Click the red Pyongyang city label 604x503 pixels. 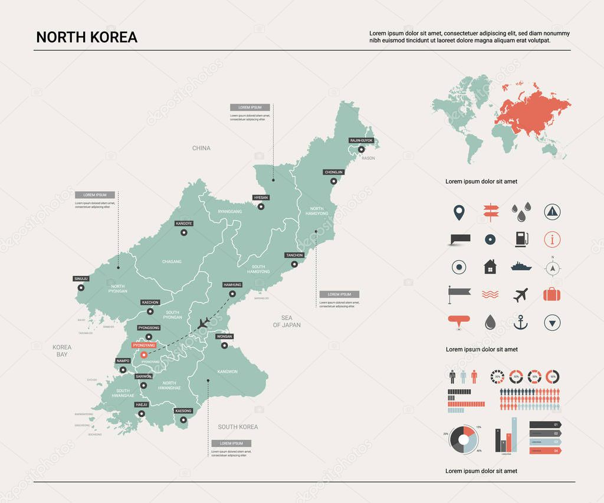(x=144, y=345)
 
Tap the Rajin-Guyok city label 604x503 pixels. (x=361, y=141)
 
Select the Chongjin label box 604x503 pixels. (x=333, y=172)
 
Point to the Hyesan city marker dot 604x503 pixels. (x=261, y=206)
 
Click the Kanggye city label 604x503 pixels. (x=184, y=223)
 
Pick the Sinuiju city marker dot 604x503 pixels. (x=81, y=288)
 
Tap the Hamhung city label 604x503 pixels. (x=232, y=285)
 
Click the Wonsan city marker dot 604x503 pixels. (x=224, y=346)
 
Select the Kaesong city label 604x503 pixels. (x=183, y=410)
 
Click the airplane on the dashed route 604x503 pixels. (x=204, y=323)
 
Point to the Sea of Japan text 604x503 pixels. (x=287, y=321)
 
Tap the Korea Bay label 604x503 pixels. (x=62, y=351)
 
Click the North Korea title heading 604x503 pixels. (x=87, y=37)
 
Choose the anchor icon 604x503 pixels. (x=521, y=322)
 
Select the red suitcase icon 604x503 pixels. (x=552, y=294)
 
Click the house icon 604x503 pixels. (x=490, y=267)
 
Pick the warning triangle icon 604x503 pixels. (x=552, y=211)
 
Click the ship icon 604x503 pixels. (x=521, y=266)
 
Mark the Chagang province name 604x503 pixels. (x=172, y=261)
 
